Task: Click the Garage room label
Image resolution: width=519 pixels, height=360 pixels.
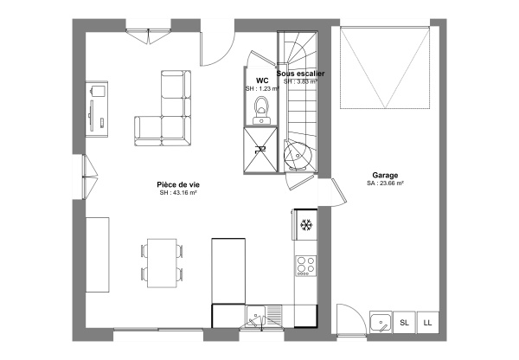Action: (385, 175)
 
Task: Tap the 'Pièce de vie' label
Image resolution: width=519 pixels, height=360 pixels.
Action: (178, 185)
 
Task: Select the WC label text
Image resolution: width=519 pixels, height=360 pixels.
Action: (262, 80)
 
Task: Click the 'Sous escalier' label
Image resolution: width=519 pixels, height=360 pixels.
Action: (300, 74)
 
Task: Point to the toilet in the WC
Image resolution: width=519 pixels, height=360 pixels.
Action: (261, 110)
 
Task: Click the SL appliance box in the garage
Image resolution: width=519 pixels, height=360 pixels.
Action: (404, 323)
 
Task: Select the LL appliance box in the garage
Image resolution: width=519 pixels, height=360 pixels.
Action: (427, 323)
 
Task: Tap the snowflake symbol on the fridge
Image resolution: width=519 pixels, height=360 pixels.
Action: (306, 225)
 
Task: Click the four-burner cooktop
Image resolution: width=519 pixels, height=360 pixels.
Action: (306, 266)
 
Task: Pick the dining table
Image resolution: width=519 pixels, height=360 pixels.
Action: (163, 263)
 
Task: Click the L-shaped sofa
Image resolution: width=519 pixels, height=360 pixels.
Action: (163, 108)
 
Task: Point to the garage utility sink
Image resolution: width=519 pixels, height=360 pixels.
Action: (381, 322)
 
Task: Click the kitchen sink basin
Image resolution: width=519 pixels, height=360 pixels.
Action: (255, 317)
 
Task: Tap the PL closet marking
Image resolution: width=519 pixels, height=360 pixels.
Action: (260, 150)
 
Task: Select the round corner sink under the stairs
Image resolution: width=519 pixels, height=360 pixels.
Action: (298, 155)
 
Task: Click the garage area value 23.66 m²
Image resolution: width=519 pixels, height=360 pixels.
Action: (385, 183)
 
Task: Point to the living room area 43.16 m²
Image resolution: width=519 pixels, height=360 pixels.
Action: (178, 193)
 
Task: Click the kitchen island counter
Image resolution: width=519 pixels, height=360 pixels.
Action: (228, 271)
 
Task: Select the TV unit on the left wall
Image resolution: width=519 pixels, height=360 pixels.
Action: (97, 109)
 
